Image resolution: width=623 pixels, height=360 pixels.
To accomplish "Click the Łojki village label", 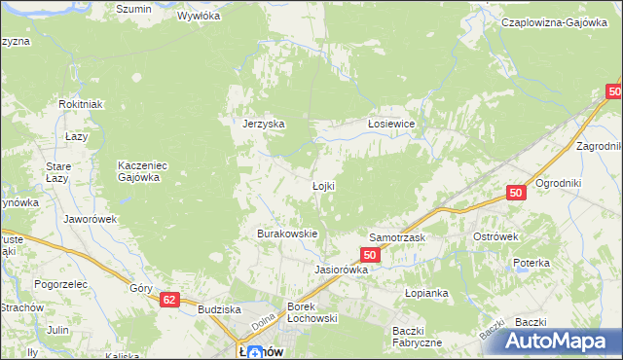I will pyautogui.click(x=324, y=186).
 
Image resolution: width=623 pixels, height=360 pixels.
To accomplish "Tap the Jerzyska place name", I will pyautogui.click(x=263, y=124).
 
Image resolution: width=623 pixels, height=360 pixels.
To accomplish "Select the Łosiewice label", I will pyautogui.click(x=391, y=124).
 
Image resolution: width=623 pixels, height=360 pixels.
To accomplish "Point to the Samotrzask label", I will pyautogui.click(x=396, y=237).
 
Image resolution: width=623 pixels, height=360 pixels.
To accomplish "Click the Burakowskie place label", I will pyautogui.click(x=287, y=234).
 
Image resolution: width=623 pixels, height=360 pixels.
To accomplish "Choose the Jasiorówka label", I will pyautogui.click(x=341, y=270).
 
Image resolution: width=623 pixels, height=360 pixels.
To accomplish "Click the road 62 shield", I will pyautogui.click(x=170, y=301).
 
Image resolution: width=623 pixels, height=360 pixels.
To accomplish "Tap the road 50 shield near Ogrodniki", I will pyautogui.click(x=516, y=195).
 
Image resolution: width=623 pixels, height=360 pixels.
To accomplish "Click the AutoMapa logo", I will pyautogui.click(x=562, y=342).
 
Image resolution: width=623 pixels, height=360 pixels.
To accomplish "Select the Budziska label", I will pyautogui.click(x=218, y=309).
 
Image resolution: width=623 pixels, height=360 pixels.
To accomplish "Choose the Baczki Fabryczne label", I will pyautogui.click(x=417, y=337).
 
